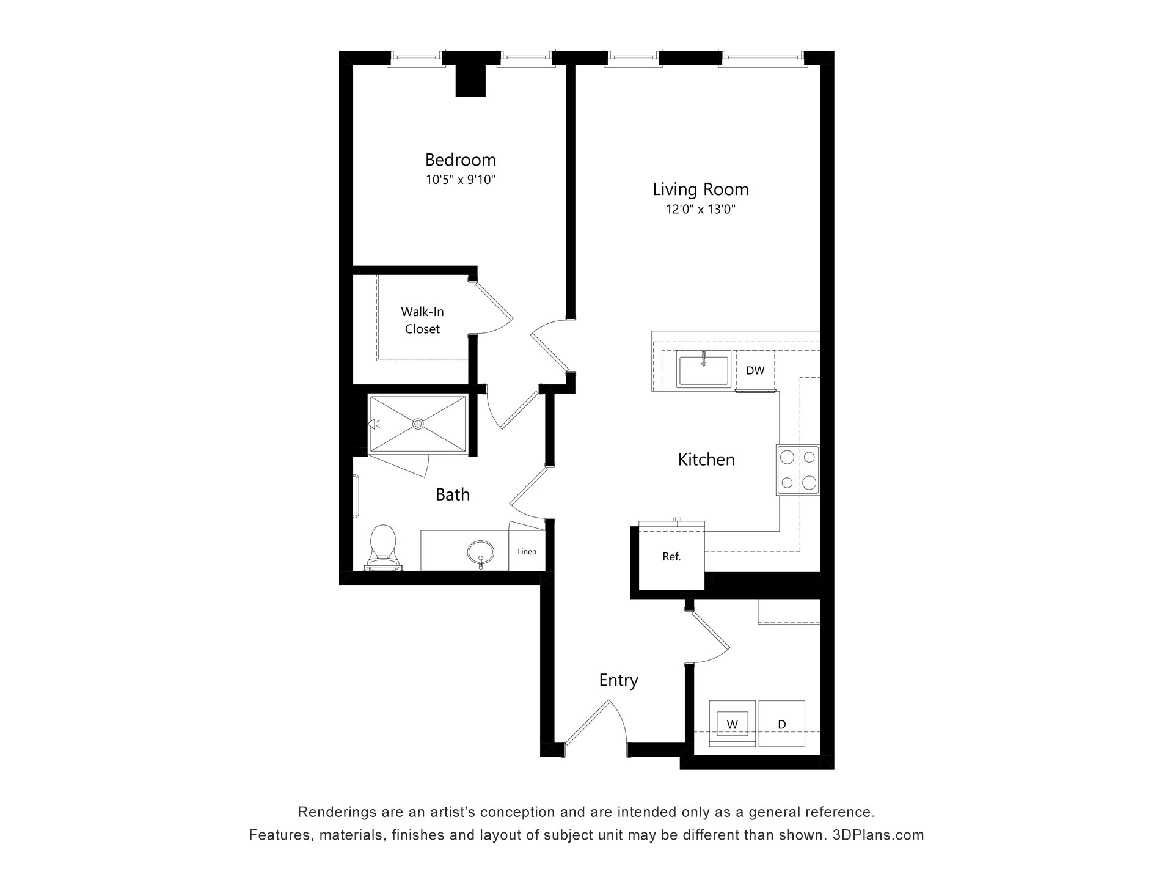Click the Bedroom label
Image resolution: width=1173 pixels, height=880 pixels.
[460, 159]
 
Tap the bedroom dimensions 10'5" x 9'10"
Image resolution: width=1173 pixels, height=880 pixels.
[460, 180]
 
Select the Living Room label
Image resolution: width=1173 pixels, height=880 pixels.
[700, 189]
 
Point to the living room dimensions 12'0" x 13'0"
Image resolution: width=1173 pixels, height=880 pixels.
[700, 210]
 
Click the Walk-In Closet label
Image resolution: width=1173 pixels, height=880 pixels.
[422, 320]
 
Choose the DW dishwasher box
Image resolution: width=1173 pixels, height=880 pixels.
[755, 370]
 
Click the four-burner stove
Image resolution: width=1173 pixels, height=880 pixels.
[798, 469]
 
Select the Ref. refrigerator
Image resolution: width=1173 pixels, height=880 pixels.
[671, 556]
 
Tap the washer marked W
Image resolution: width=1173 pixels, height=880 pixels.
[732, 724]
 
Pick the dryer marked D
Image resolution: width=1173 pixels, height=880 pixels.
[781, 724]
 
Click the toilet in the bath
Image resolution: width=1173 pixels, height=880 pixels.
[383, 548]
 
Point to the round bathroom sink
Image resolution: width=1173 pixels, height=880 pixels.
[481, 552]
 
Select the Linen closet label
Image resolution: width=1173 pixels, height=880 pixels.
[527, 551]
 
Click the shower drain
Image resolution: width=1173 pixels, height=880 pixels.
[418, 424]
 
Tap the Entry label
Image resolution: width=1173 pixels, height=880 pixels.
[618, 680]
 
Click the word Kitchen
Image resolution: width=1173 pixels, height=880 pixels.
[706, 460]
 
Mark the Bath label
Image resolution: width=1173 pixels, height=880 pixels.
[453, 494]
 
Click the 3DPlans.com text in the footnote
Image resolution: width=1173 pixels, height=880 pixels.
[879, 835]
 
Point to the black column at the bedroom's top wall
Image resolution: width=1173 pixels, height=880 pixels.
[470, 81]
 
